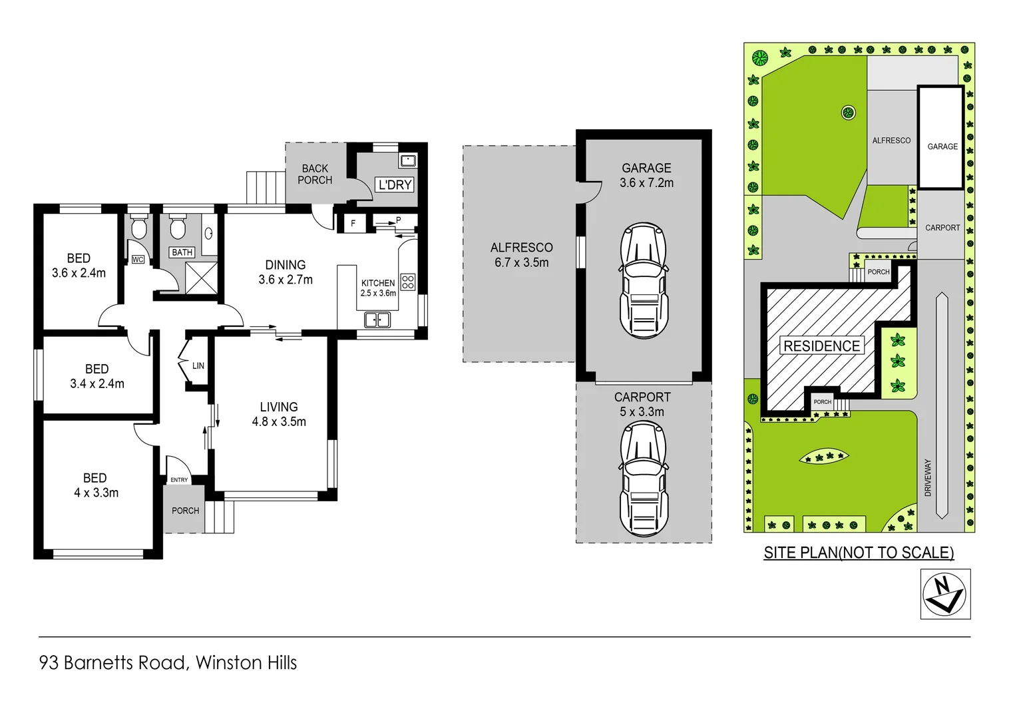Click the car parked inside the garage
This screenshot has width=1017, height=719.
(x=643, y=280)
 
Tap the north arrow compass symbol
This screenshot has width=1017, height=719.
(x=944, y=594)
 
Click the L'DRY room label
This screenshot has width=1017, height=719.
(x=395, y=184)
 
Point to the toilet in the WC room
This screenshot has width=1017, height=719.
(x=138, y=229)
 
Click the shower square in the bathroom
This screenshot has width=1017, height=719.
(x=201, y=278)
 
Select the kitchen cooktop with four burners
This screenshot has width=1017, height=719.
(x=408, y=282)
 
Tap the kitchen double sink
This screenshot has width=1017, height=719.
(x=377, y=321)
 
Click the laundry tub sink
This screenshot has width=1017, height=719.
(x=407, y=160)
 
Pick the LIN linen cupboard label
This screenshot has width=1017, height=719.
(x=198, y=365)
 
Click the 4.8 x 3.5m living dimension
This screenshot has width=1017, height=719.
(x=279, y=421)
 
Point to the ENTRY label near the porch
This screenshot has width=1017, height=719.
(x=179, y=479)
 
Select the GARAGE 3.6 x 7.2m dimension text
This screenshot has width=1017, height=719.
(x=646, y=183)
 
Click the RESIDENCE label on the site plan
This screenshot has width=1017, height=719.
(x=821, y=346)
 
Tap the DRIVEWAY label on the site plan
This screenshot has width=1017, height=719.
(x=928, y=477)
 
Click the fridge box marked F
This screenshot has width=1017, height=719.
(x=353, y=223)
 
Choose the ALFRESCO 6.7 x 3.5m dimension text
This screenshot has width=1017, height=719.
(x=521, y=262)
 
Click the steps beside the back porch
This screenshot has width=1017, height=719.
(x=266, y=187)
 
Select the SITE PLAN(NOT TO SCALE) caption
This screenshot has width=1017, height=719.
(x=858, y=553)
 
